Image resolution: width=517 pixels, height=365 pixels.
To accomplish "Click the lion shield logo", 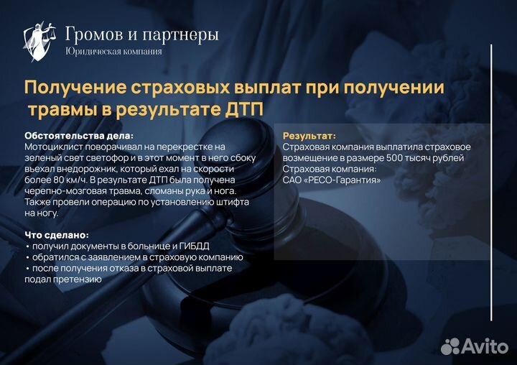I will [x=39, y=41].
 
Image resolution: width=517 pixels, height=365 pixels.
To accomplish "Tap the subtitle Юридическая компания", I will [x=113, y=51].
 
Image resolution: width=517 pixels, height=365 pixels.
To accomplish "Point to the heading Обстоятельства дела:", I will [x=79, y=135].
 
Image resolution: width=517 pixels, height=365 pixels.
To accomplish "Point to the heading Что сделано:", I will [x=57, y=235].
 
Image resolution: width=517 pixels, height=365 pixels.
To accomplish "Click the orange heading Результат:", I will [x=309, y=135].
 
